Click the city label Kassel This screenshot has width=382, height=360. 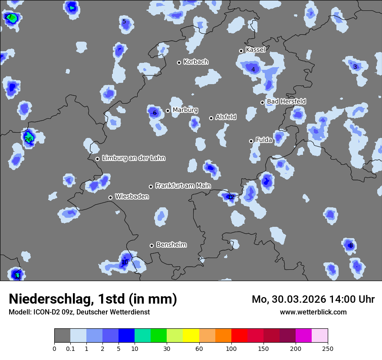pos(255,50)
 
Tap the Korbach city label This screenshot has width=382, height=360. pos(196,62)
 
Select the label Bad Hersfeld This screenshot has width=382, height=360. pos(286,101)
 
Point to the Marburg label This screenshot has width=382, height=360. pos(185,110)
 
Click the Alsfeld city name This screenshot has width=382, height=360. pos(226,117)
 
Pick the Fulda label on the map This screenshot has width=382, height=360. pos(264,140)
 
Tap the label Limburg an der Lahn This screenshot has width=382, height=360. pos(133,158)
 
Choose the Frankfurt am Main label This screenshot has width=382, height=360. pos(183,186)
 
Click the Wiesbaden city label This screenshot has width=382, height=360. pos(132,196)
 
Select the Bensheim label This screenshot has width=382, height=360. pos(171,245)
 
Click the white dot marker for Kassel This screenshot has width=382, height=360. pos(241,51)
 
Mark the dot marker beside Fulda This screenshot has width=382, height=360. pos(251,141)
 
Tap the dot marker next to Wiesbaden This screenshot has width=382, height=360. pos(110,197)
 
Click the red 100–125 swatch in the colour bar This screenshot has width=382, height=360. pos(239,336)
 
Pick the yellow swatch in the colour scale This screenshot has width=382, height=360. pos(191,336)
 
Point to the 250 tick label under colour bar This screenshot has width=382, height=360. pos(328,349)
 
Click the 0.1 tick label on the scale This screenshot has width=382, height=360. pos(70,349)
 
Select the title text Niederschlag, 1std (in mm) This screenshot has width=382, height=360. pos(93,299)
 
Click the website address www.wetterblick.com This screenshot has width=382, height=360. pos(313,312)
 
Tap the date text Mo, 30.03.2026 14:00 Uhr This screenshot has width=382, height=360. pos(313,299)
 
